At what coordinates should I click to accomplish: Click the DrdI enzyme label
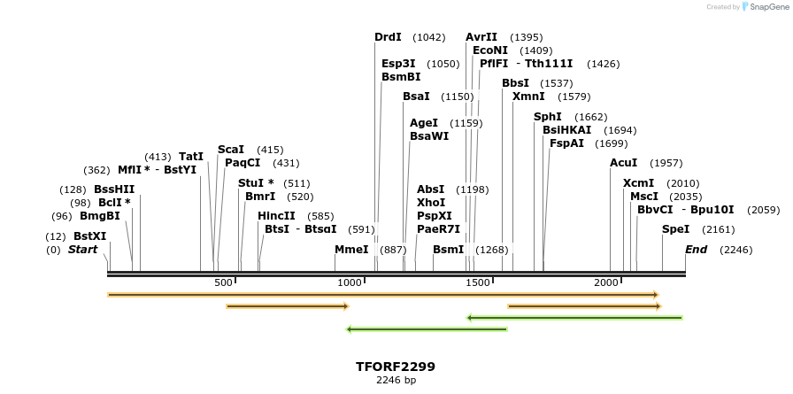(x=388, y=37)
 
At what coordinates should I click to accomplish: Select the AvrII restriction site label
(x=481, y=37)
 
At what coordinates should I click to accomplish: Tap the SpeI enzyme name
(x=675, y=229)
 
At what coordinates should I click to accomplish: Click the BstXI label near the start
(x=89, y=236)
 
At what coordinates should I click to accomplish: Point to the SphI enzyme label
(x=548, y=117)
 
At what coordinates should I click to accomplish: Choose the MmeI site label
(x=351, y=250)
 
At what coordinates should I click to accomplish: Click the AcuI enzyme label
(x=623, y=163)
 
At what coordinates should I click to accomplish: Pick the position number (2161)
(x=726, y=229)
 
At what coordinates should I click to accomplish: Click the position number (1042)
(x=430, y=37)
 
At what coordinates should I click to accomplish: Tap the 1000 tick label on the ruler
(x=350, y=282)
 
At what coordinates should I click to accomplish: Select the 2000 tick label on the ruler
(x=606, y=282)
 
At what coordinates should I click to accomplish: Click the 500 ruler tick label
(x=224, y=282)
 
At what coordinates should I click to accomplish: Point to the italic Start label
(x=82, y=250)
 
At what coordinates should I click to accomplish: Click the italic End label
(x=696, y=250)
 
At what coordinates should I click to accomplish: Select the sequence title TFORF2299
(x=396, y=367)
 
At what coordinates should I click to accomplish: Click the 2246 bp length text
(x=396, y=380)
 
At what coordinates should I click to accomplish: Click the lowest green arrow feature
(x=427, y=329)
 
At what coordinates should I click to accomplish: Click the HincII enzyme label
(x=276, y=216)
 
